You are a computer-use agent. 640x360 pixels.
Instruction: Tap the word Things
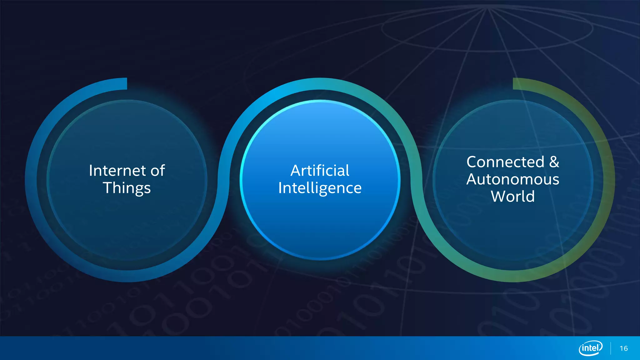tap(127, 188)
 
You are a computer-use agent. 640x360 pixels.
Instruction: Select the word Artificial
tap(320, 171)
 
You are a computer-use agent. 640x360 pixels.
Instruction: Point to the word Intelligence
tap(320, 188)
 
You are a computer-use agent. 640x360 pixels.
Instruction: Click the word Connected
tap(505, 162)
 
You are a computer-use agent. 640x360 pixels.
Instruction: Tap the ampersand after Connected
tap(554, 162)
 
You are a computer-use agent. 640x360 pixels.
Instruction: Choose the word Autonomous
tap(513, 179)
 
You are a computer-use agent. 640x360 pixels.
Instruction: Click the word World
tap(513, 197)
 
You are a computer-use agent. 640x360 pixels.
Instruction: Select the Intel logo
tap(591, 348)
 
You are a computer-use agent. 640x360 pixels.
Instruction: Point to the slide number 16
tap(623, 348)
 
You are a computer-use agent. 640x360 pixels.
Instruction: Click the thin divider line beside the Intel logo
tap(610, 348)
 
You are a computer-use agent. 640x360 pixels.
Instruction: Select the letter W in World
tap(498, 197)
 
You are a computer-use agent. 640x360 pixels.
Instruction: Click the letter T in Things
tap(108, 188)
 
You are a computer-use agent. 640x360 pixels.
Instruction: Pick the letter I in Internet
tap(91, 171)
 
